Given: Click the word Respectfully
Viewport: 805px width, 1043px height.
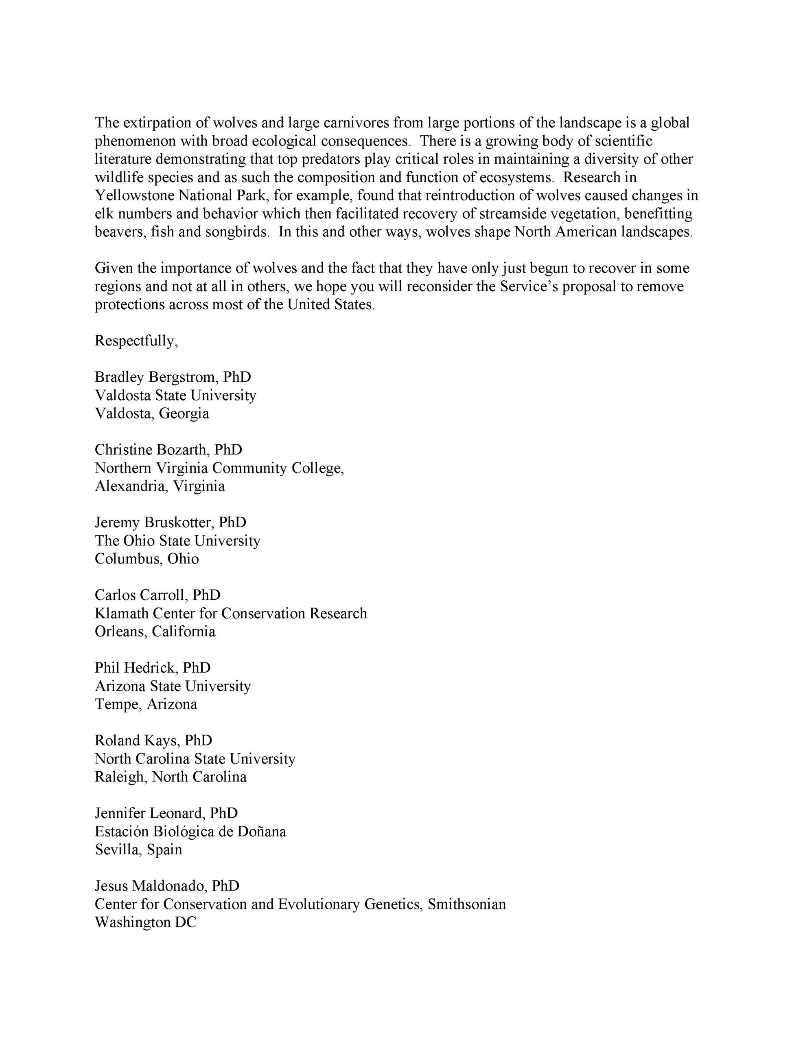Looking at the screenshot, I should tap(136, 341).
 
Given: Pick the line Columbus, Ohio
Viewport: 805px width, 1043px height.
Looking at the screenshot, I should tap(147, 558).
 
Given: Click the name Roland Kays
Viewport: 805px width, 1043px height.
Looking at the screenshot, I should tap(136, 740).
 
